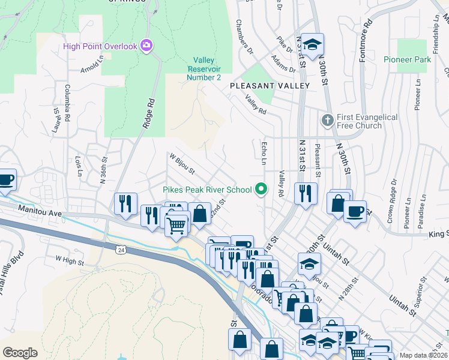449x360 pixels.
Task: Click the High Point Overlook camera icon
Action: [x=146, y=46]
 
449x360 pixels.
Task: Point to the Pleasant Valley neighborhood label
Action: [x=270, y=86]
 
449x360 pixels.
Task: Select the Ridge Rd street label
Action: [x=148, y=114]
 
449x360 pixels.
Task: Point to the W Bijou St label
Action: [x=182, y=163]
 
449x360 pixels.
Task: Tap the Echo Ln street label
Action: [x=263, y=153]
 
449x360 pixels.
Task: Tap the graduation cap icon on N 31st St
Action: [x=312, y=45]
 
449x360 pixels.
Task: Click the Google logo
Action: [x=20, y=353]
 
